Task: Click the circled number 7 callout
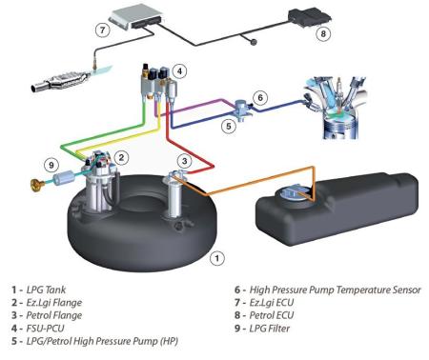pyautogui.click(x=102, y=30)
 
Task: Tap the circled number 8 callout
pyautogui.click(x=323, y=33)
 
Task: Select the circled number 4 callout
pyautogui.click(x=179, y=71)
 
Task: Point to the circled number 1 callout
pyautogui.click(x=217, y=258)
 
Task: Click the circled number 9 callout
pyautogui.click(x=51, y=165)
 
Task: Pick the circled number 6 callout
pyautogui.click(x=260, y=97)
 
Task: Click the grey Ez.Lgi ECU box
pyautogui.click(x=136, y=16)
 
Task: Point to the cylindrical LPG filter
pyautogui.click(x=63, y=177)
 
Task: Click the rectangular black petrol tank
pyautogui.click(x=337, y=208)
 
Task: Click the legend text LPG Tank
pyautogui.click(x=46, y=290)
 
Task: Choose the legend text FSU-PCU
pyautogui.click(x=45, y=329)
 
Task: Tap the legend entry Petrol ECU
pyautogui.click(x=272, y=315)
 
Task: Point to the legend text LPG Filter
pyautogui.click(x=270, y=329)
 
